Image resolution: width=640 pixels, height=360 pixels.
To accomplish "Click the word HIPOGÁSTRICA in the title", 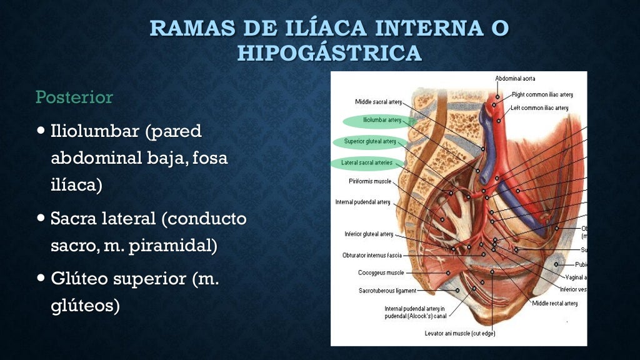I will coord(329,53).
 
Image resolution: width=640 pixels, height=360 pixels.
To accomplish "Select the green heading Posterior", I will coord(74,97).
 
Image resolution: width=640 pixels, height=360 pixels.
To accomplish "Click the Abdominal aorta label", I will coord(515,79).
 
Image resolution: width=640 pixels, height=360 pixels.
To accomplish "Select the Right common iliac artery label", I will coord(542,95).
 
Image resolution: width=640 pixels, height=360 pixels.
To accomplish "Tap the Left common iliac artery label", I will coord(539,108).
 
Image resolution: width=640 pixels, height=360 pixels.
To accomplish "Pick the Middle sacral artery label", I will coord(378,102).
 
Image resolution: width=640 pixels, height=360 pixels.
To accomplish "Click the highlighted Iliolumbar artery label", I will coord(382,119).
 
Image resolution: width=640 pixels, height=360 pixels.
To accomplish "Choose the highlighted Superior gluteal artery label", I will coord(370,141).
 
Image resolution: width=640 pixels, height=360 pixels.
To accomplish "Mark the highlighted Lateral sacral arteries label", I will coord(367,162).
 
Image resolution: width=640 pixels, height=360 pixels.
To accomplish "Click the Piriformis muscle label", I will coord(370,181).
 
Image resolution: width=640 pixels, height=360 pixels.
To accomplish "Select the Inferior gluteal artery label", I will coord(369,234).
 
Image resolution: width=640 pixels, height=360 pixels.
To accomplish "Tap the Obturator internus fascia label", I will coord(372,255).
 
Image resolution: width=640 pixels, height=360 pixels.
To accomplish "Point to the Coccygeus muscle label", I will coord(381,273).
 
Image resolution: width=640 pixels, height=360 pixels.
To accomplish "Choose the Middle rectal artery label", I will coord(554,303).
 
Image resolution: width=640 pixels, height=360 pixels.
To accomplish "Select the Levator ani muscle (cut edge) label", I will coord(459,333).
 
